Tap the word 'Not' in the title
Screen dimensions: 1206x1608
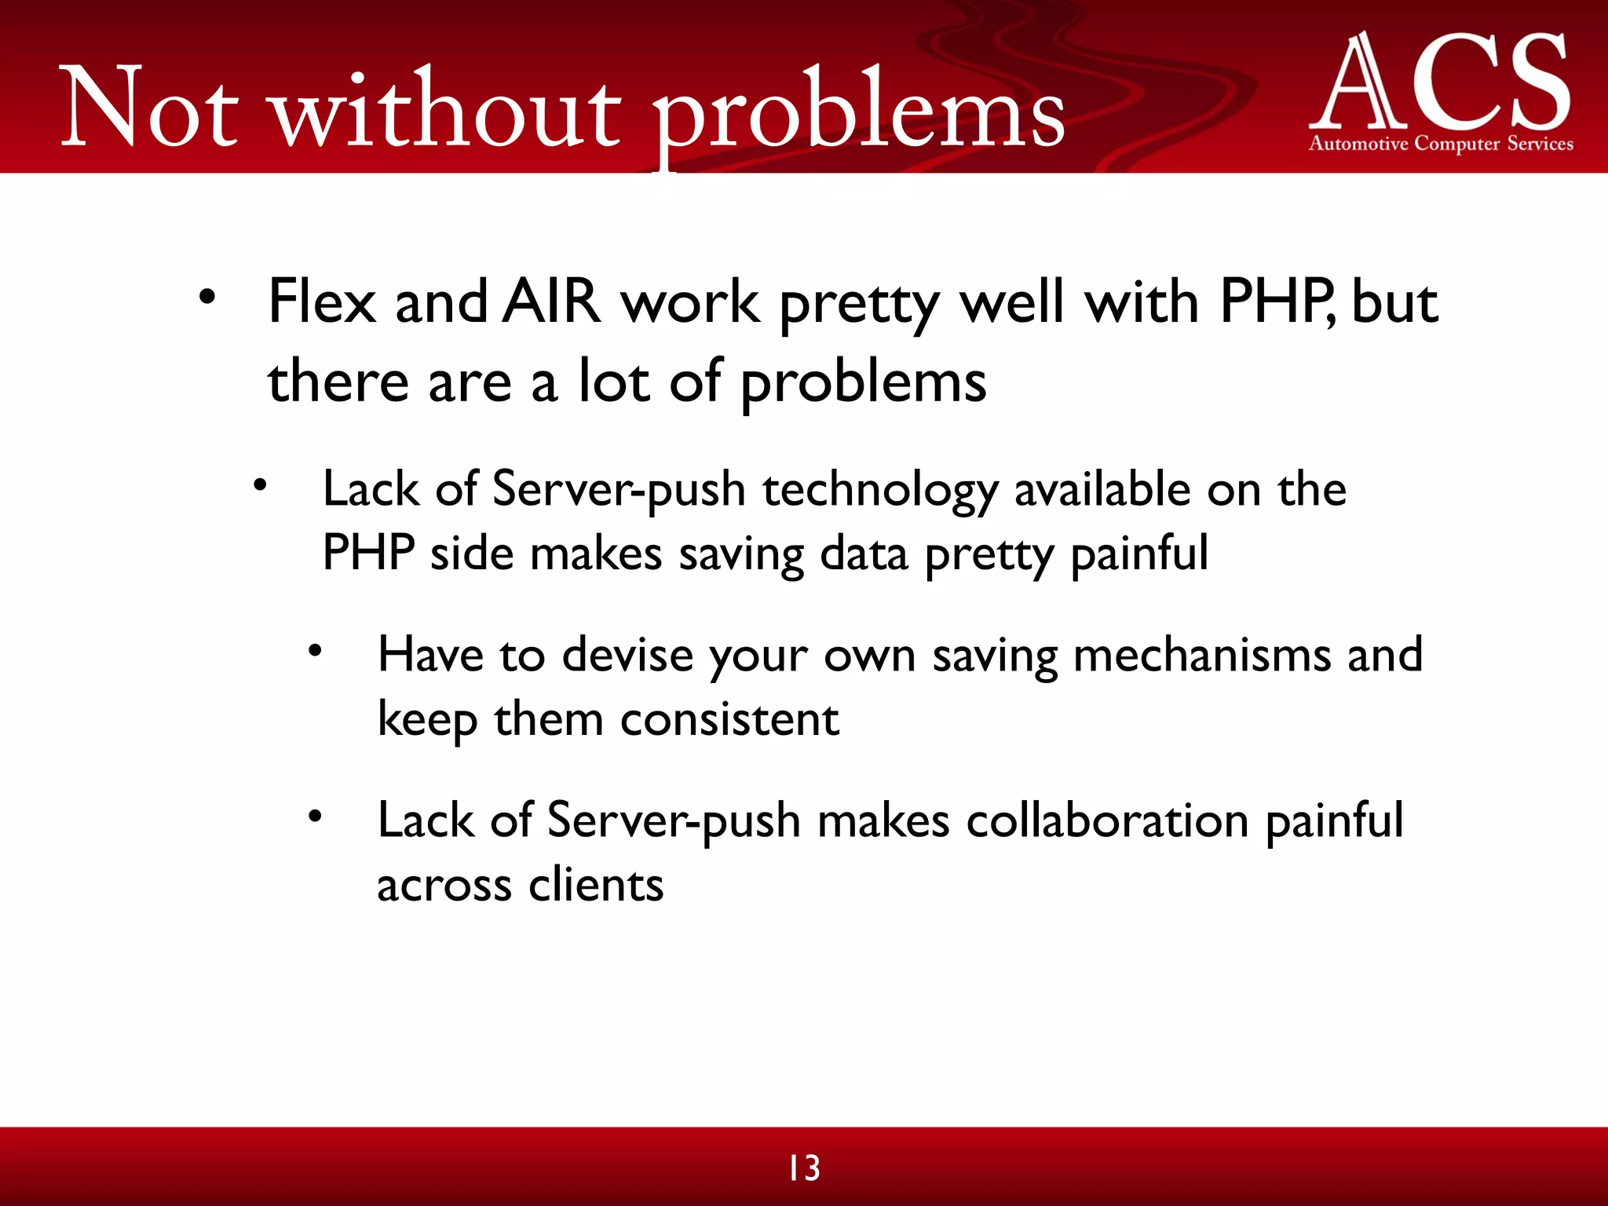(x=149, y=110)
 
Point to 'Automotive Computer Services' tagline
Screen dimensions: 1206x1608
(x=1441, y=144)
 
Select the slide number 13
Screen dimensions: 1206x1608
(x=804, y=1168)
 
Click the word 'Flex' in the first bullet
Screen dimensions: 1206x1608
(x=322, y=302)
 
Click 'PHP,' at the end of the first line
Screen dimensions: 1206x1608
(x=1276, y=302)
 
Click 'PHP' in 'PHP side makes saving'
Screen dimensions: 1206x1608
(x=369, y=554)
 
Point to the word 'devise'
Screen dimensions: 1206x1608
(x=627, y=656)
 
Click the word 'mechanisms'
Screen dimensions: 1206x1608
(x=1201, y=656)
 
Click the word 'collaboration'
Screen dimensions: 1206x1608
(x=1107, y=821)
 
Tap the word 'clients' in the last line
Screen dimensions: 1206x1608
(x=596, y=886)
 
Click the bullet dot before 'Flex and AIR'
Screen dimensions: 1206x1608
(x=206, y=298)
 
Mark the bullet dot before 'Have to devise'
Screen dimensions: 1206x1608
(x=315, y=651)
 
